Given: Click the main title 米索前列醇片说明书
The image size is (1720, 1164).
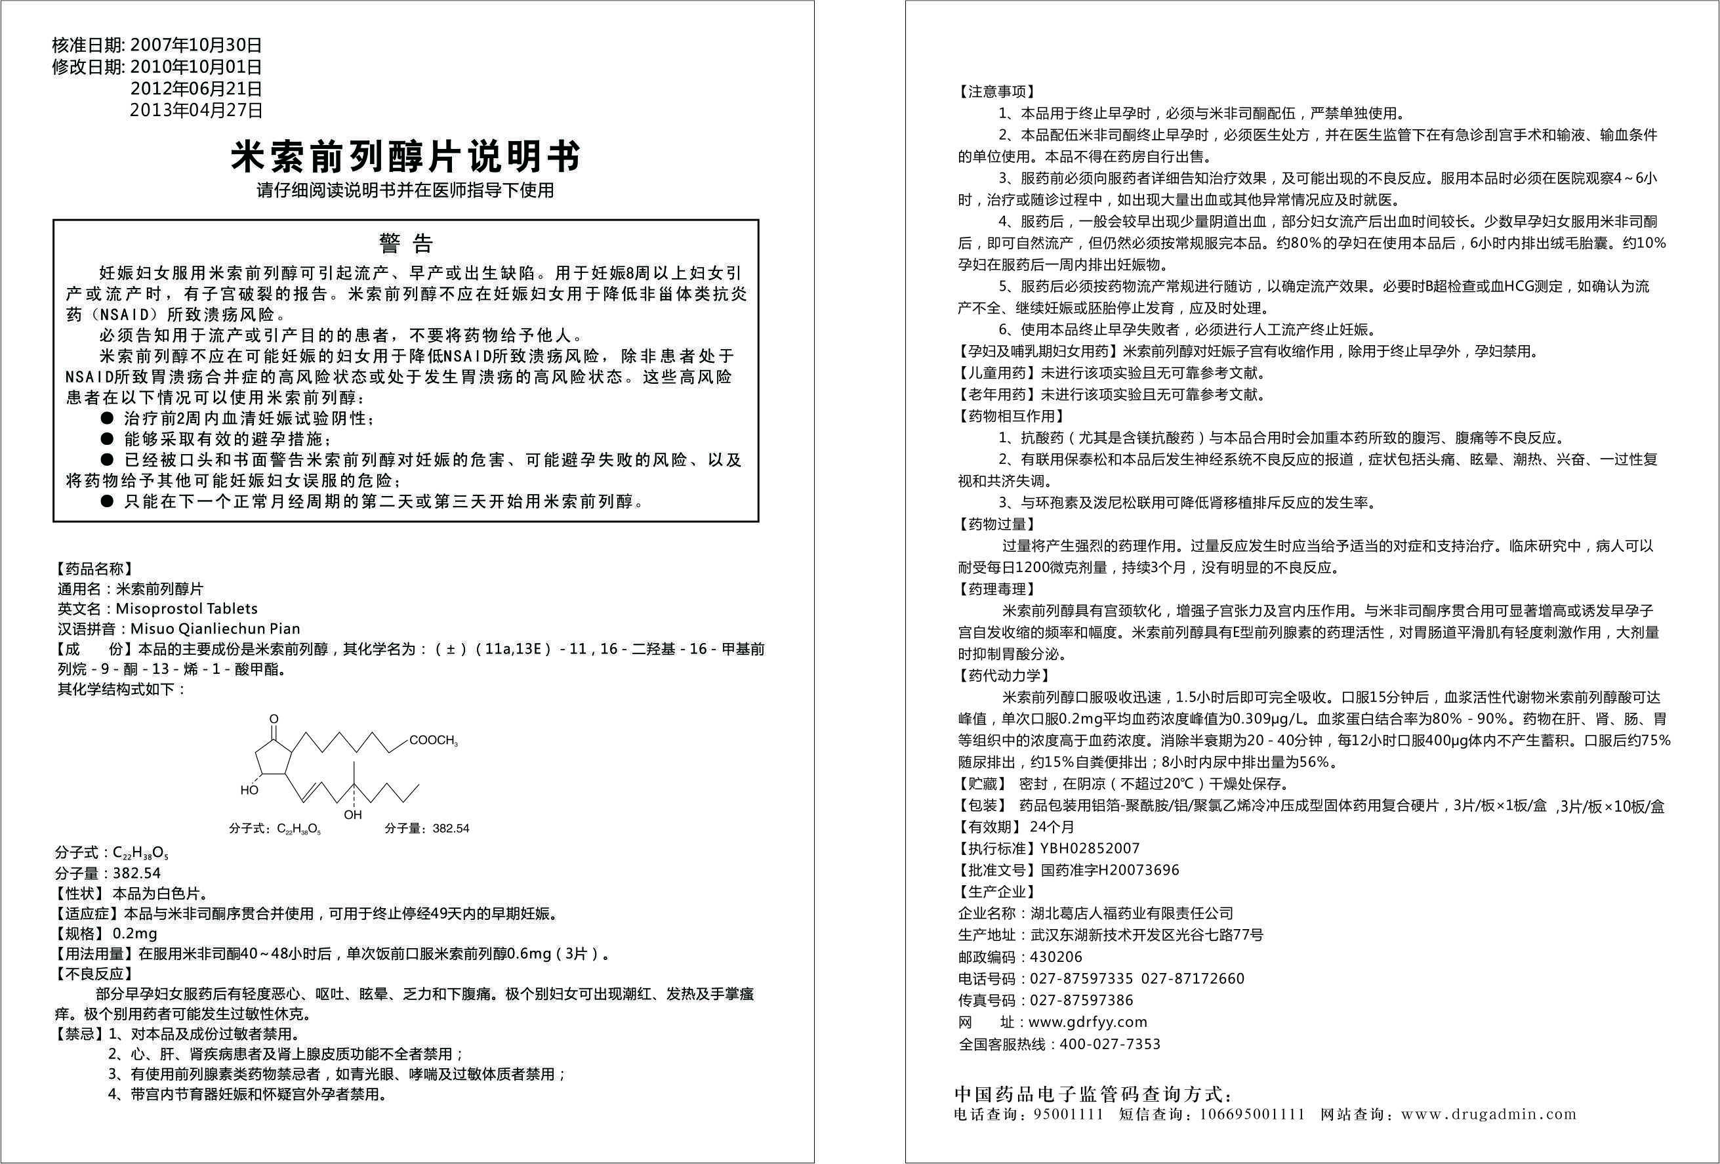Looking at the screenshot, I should pos(405,156).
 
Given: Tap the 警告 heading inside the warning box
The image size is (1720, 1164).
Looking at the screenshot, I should pos(405,243).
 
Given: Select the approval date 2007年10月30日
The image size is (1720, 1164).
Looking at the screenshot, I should pos(196,45).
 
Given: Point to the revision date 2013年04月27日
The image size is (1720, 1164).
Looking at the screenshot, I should pos(196,110).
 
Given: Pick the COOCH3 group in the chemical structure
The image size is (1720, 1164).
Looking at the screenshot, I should pos(434,739).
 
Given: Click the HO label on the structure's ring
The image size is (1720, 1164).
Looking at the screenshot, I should pos(249,790).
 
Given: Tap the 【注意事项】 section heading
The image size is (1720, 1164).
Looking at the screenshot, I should pos(996,92).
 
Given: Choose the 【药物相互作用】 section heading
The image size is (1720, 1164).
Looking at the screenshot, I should pos(1010,416).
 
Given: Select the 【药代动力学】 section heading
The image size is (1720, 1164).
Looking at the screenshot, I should pos(1004,675).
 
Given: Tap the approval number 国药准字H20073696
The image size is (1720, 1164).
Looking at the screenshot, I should pos(1109,870).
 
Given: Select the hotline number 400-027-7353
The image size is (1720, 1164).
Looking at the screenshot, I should pos(1110,1044).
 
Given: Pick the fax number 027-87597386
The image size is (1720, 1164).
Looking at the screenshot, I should pos(1081,1001).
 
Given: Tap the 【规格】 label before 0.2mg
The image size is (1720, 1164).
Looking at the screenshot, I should pos(81,934).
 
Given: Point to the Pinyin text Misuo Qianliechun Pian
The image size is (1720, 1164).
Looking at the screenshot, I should pos(215,629).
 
